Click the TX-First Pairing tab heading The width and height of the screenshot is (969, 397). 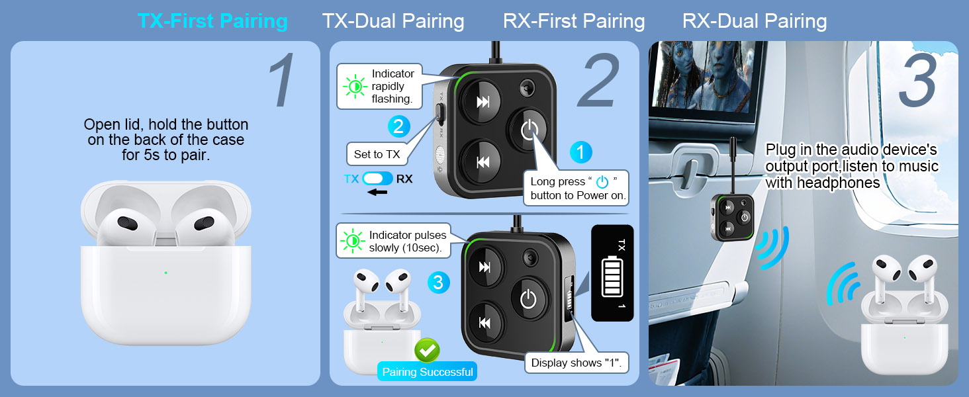tap(212, 21)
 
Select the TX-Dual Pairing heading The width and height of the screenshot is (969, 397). tap(392, 21)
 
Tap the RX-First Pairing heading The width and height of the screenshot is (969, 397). tap(574, 21)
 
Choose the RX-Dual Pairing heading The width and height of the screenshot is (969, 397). tap(755, 21)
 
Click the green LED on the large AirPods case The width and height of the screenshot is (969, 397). tap(165, 273)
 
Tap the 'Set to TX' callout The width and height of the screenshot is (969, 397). tap(377, 154)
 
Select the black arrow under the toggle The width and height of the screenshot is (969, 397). tap(377, 193)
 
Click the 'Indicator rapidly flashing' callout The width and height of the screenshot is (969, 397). tap(379, 86)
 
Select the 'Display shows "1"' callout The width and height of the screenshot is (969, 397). tap(577, 363)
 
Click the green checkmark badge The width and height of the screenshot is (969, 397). tap(427, 350)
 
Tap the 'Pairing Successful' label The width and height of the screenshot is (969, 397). tap(427, 372)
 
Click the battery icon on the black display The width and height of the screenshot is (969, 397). tap(612, 277)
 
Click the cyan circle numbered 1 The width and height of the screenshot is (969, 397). tap(580, 153)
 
